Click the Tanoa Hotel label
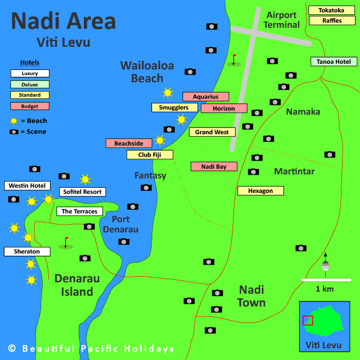(x=333, y=62)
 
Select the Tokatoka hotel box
(x=331, y=10)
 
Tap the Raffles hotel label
(x=331, y=21)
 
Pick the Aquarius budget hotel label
(x=206, y=97)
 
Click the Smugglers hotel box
(x=174, y=107)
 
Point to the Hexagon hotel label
(x=260, y=191)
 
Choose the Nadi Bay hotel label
(x=213, y=167)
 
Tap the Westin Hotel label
(x=27, y=186)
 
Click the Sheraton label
(x=27, y=251)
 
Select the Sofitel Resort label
(x=82, y=192)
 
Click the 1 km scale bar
(x=326, y=280)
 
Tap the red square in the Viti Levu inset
(x=308, y=320)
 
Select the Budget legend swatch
(x=30, y=106)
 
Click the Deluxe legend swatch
(x=30, y=84)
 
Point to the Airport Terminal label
(x=281, y=20)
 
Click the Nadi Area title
(x=63, y=21)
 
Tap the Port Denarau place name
(x=120, y=224)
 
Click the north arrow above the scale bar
(x=325, y=263)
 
